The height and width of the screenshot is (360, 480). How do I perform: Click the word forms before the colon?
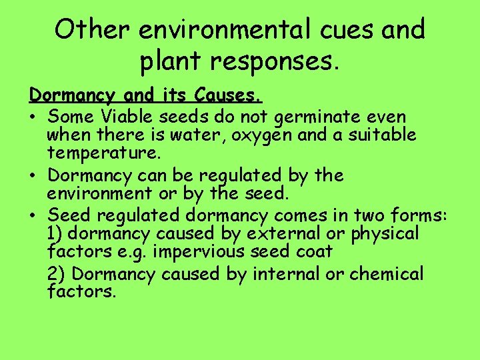point(422,215)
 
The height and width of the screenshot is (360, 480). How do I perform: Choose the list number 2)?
point(56,274)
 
